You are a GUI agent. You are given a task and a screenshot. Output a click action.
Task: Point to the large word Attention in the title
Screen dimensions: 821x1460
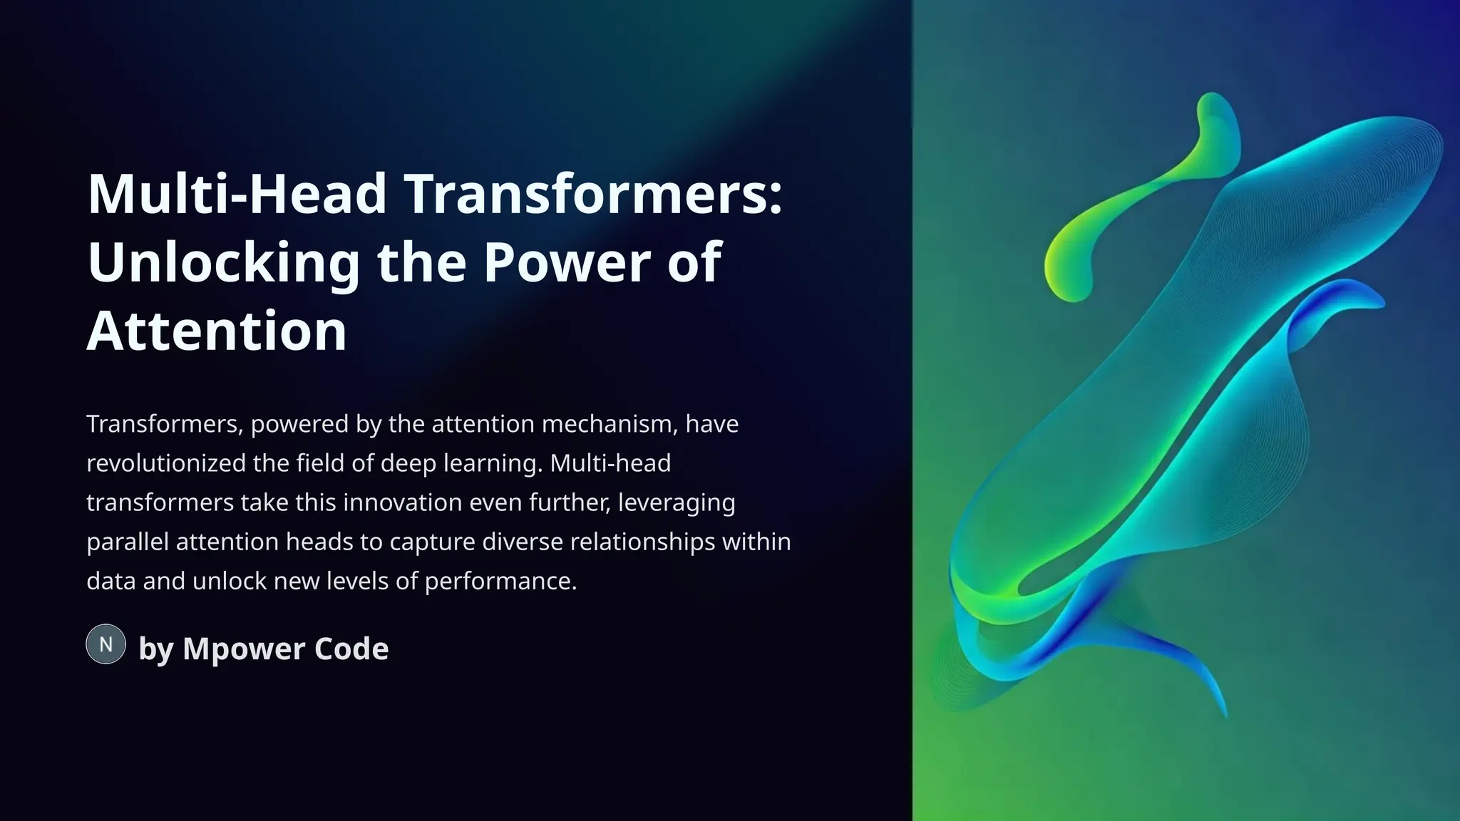(217, 331)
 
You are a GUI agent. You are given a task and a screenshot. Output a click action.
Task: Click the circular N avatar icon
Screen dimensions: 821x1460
(106, 644)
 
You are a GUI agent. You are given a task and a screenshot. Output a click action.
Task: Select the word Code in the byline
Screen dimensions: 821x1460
(351, 649)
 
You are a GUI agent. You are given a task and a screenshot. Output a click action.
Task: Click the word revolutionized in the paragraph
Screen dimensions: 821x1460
(166, 463)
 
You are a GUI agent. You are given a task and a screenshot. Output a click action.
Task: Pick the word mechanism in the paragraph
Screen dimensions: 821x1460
(605, 424)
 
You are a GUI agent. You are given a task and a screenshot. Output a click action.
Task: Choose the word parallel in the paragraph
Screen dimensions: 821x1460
(128, 542)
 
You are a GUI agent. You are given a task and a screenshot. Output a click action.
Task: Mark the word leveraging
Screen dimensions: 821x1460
(676, 503)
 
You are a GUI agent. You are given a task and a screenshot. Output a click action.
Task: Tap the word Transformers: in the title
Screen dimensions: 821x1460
(594, 194)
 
